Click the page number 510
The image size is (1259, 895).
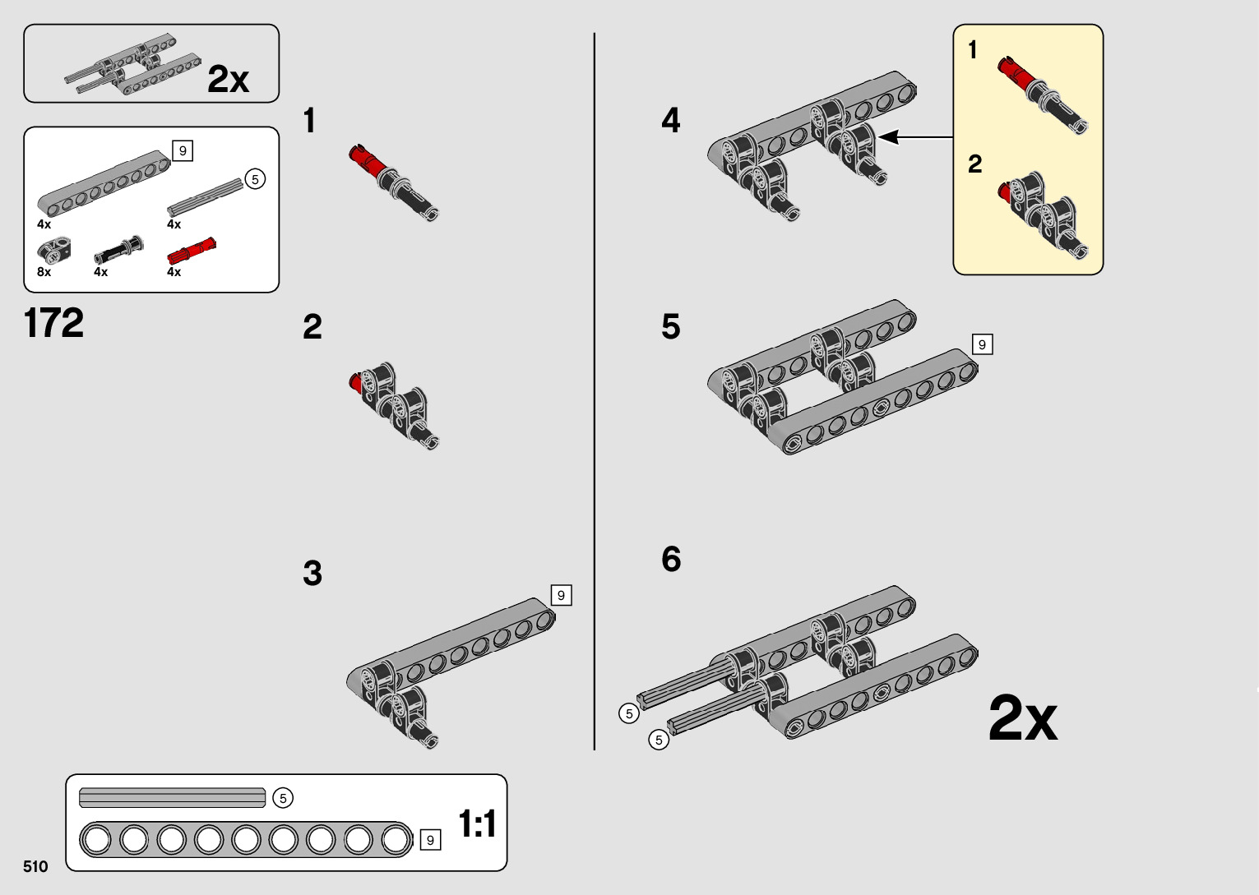coord(35,866)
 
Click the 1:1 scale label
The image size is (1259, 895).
coord(477,823)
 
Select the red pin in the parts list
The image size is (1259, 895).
coord(192,251)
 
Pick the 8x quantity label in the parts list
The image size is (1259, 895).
coord(44,272)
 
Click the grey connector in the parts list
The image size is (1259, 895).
coord(54,250)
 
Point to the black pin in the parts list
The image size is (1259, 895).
coord(118,250)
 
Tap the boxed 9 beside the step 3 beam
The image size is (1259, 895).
coord(561,595)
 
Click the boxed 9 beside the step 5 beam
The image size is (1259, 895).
coord(982,344)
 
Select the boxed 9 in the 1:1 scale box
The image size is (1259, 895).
coord(431,840)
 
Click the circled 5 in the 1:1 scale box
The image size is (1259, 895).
coord(283,798)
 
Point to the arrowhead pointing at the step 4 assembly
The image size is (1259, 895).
coord(889,137)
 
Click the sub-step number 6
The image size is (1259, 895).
coord(671,559)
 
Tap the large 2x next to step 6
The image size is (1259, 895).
coord(1023,718)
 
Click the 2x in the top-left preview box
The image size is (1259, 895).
coord(228,79)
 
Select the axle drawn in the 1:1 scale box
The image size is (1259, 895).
coord(172,797)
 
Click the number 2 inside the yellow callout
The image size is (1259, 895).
coord(975,164)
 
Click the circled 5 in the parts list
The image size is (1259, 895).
coord(255,179)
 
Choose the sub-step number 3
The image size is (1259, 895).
coord(312,573)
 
